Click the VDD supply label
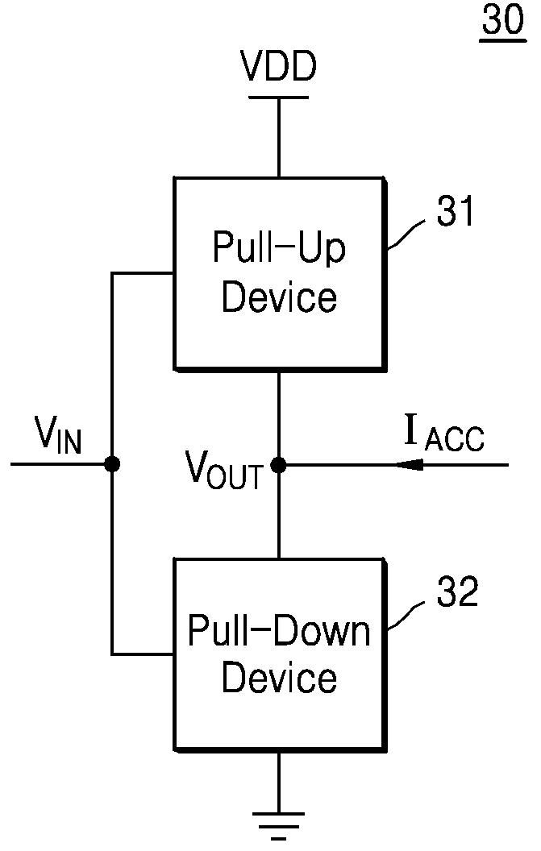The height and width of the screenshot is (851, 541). coord(279,66)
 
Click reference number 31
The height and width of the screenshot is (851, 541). coord(456,211)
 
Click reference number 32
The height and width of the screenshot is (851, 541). coord(457,592)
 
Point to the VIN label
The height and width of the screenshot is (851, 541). coord(58,434)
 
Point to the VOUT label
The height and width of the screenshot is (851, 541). coord(224,471)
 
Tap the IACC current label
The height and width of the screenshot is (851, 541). coord(443,433)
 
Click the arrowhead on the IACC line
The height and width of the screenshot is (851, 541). coord(410,464)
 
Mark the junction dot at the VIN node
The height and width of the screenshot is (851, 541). coord(112,464)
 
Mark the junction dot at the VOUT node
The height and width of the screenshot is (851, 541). coord(279,464)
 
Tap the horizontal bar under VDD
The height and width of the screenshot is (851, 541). coord(279,98)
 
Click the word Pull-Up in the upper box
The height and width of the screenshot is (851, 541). coord(279,248)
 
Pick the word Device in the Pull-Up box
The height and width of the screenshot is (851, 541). coord(279,297)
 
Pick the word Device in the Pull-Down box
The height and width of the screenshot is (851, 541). coord(279,678)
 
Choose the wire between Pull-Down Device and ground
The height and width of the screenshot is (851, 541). coord(279,783)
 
